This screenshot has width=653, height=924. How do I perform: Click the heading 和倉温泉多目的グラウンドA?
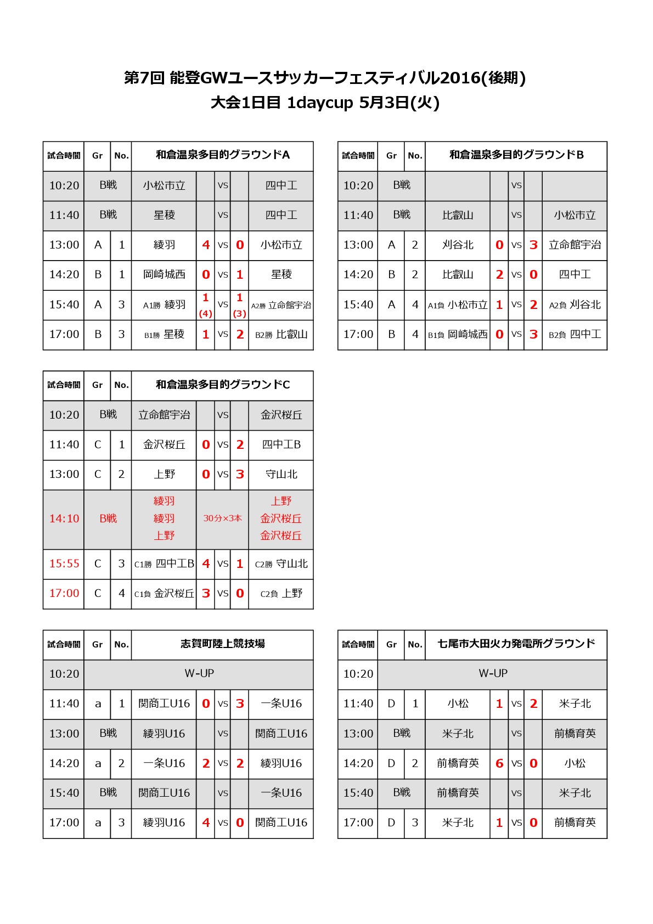(x=222, y=155)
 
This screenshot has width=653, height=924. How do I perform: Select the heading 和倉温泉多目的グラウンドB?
(x=516, y=155)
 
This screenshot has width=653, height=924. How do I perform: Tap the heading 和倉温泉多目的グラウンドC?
(x=222, y=385)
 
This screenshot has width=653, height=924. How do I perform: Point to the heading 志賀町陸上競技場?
(x=222, y=644)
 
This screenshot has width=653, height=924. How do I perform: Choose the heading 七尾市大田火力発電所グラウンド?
(x=516, y=644)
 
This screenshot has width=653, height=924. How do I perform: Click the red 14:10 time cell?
(x=64, y=519)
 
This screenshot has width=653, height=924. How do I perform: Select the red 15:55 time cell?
(x=64, y=564)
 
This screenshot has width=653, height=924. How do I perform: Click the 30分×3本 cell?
(x=222, y=519)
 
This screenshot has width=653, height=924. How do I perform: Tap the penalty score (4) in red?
(x=206, y=314)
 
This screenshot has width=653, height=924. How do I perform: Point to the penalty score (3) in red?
(x=240, y=314)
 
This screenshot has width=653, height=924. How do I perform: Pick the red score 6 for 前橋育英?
(x=499, y=763)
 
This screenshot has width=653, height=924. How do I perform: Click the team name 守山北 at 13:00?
(x=281, y=474)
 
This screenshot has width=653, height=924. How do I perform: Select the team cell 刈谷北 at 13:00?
(x=458, y=245)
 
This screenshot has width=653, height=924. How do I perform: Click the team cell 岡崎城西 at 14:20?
(x=164, y=274)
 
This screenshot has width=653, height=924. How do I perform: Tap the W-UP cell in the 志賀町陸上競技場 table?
(x=199, y=673)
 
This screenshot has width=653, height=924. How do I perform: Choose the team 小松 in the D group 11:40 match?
(x=458, y=703)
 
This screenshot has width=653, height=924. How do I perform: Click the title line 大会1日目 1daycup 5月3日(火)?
(x=325, y=103)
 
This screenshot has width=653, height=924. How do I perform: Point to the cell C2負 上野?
(x=281, y=593)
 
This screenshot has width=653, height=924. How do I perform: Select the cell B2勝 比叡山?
(x=281, y=334)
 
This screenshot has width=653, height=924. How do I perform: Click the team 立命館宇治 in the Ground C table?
(x=164, y=415)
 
